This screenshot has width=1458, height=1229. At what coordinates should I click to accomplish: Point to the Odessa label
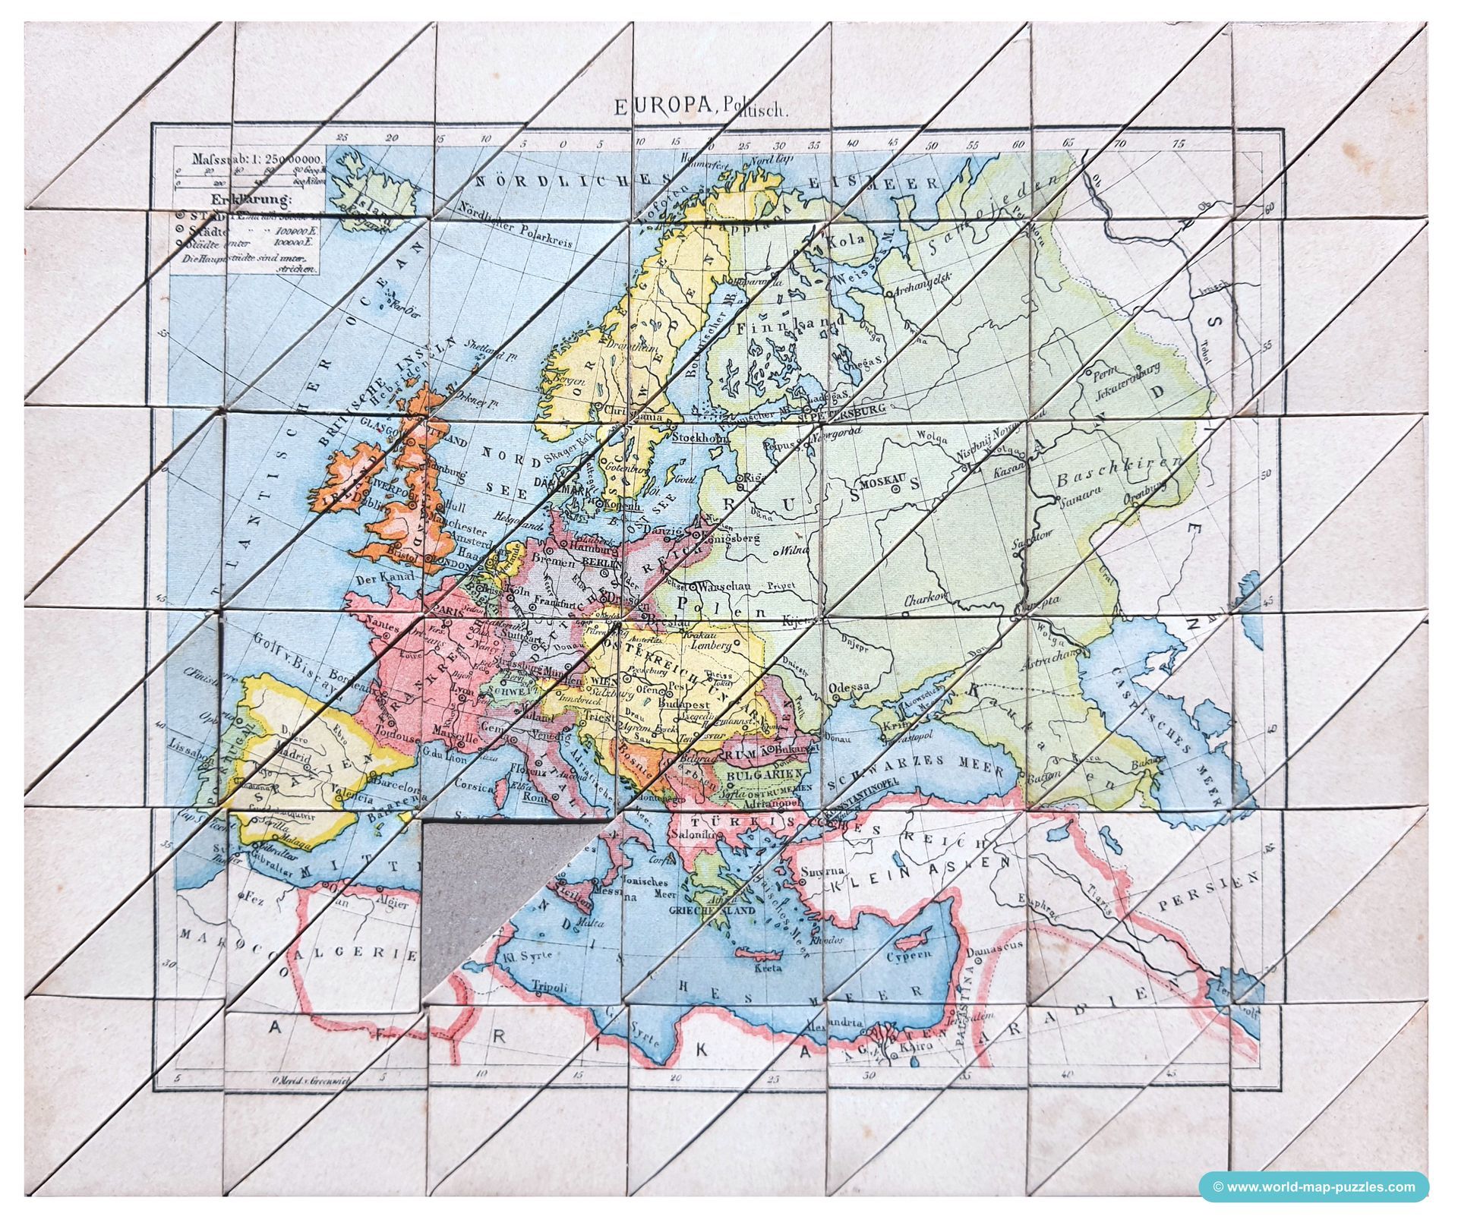[x=848, y=688]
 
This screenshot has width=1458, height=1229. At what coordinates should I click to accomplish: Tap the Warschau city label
[x=727, y=587]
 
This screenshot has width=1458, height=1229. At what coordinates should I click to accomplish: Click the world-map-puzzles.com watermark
[x=1313, y=1186]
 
